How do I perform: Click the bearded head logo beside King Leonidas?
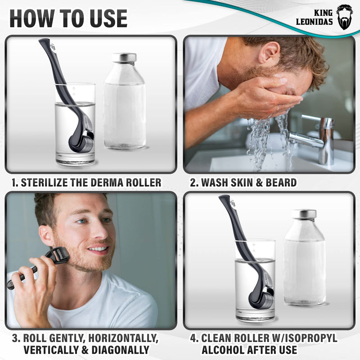345,17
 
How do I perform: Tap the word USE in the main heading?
108,18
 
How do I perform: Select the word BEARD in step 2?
281,183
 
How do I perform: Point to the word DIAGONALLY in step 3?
120,350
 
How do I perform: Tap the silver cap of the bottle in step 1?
124,58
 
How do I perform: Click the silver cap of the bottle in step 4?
304,214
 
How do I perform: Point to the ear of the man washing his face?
269,52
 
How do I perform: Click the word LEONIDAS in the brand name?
314,22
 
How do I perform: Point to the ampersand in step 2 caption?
259,183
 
